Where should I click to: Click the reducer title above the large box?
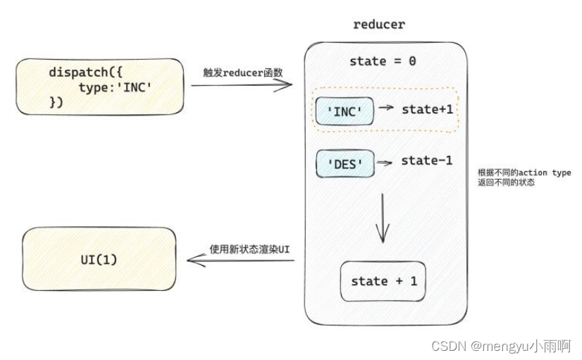pos(378,25)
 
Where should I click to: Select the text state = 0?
pos(383,61)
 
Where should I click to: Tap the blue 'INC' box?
pos(345,111)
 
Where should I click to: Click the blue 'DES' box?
pos(345,164)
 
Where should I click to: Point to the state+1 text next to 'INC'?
pos(426,109)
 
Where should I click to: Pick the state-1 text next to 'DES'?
pos(426,161)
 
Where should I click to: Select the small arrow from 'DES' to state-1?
pos(385,163)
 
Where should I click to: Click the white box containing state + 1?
pos(383,282)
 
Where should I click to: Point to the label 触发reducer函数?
pos(242,72)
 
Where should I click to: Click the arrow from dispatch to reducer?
pos(242,85)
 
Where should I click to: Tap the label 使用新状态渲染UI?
pos(249,249)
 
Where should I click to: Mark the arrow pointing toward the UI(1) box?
pos(240,260)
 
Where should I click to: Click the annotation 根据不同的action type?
pos(524,173)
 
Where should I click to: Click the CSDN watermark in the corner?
pos(501,347)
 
